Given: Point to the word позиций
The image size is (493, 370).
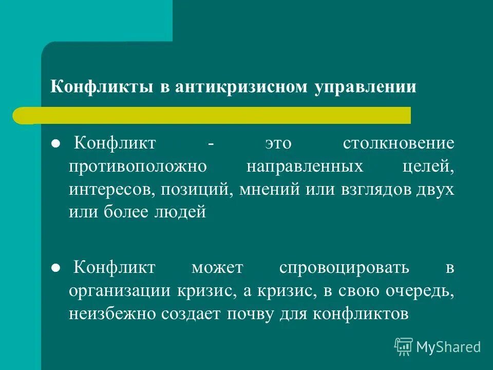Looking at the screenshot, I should (x=192, y=189).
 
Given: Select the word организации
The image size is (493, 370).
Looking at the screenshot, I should (x=117, y=291).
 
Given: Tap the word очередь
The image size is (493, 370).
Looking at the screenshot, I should (x=422, y=291).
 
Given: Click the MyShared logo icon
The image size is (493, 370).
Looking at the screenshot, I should (x=404, y=347).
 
